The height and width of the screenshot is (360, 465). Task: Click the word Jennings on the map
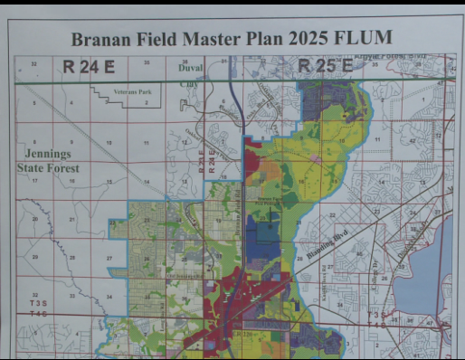[48, 155]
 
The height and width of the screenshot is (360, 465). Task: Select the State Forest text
[49, 168]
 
